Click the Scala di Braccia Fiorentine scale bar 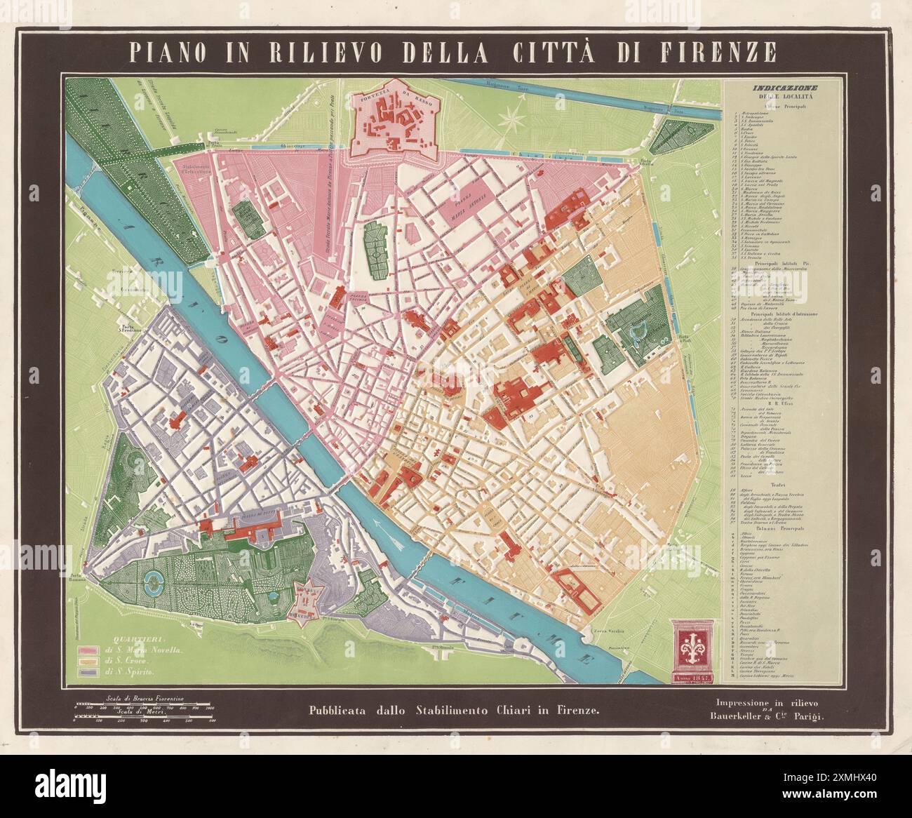click(x=144, y=704)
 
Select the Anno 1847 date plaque click(x=692, y=678)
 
